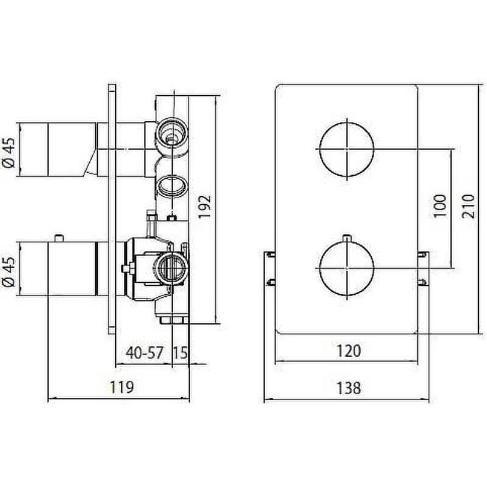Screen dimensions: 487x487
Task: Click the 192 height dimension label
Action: click(205, 206)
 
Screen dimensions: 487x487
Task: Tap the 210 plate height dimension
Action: click(468, 206)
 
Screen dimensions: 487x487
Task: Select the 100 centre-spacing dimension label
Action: click(439, 206)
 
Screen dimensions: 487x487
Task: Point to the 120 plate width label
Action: click(348, 351)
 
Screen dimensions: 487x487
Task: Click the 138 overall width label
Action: click(348, 388)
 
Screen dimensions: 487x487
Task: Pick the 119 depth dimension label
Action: click(122, 387)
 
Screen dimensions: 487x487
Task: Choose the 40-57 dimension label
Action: click(144, 352)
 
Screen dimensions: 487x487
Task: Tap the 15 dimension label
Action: click(180, 352)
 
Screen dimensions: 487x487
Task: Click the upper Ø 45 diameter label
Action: click(9, 152)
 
